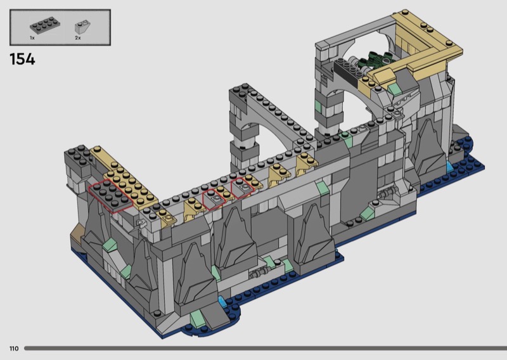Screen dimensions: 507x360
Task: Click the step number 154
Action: click(x=22, y=60)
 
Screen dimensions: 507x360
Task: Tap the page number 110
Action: click(x=14, y=349)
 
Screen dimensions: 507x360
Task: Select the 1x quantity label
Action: click(x=32, y=38)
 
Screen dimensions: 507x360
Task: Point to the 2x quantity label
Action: click(x=77, y=38)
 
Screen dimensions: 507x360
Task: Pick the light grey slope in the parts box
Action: click(x=82, y=27)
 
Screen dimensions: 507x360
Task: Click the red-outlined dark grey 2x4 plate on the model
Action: click(x=111, y=196)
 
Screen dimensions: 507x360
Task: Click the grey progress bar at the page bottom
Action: click(x=266, y=349)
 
